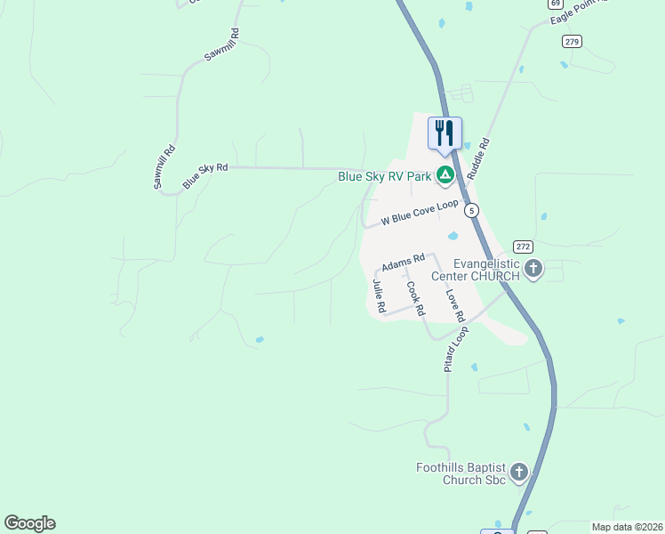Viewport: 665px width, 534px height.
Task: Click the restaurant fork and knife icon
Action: [x=445, y=133]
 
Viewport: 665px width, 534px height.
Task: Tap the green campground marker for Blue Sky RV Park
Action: [x=445, y=176]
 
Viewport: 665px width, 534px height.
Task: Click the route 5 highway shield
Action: [x=472, y=210]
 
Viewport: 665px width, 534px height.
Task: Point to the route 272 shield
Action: [x=523, y=247]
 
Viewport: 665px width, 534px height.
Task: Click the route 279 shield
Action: [x=572, y=41]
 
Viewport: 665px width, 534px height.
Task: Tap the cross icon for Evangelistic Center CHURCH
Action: [x=533, y=269]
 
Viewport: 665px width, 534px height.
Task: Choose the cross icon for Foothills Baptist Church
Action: [x=518, y=472]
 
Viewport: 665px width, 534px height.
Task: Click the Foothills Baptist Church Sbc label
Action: [x=461, y=474]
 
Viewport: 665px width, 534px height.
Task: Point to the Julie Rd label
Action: [x=380, y=295]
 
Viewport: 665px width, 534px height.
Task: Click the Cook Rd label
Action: [x=415, y=300]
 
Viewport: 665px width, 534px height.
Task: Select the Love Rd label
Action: [x=455, y=304]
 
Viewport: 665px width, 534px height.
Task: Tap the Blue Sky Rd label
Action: [x=205, y=174]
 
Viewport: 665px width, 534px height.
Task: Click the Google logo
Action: [x=29, y=523]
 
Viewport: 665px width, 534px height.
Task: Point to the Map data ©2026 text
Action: [x=627, y=527]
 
